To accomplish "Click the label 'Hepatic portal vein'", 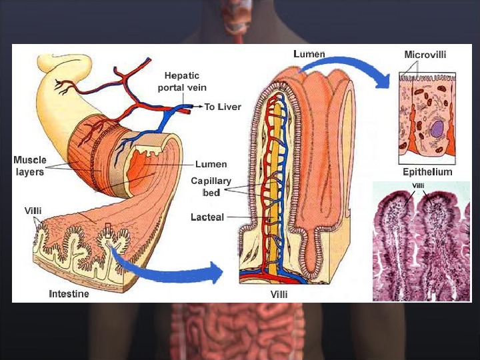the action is [182, 81].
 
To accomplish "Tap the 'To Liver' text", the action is [223, 107].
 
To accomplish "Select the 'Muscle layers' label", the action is [30, 165].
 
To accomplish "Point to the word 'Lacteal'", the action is [207, 217].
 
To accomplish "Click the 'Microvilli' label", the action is [425, 54].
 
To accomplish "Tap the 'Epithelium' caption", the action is [427, 172].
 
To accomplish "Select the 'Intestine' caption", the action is [69, 293].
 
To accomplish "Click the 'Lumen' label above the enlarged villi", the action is [309, 53].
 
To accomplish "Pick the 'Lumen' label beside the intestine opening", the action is [211, 164].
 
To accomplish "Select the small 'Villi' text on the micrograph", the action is [419, 185].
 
